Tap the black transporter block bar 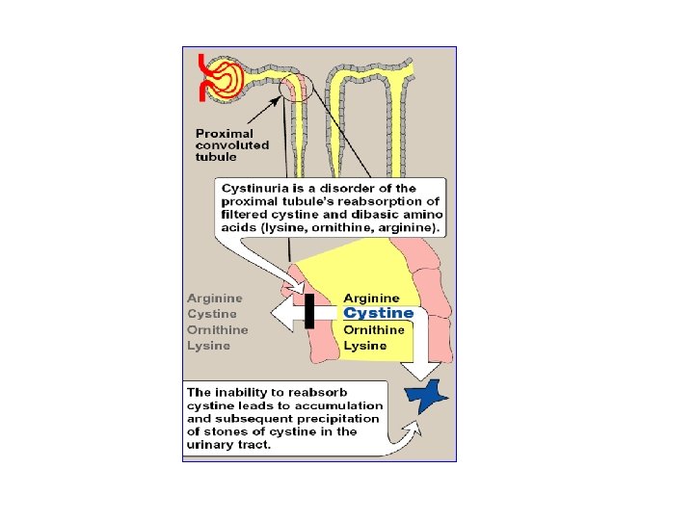point(309,311)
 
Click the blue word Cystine point(379,313)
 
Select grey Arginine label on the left point(215,299)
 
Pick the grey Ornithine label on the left point(217,329)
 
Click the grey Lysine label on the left point(208,345)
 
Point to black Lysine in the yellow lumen point(365,345)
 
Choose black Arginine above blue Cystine point(371,299)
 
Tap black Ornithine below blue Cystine point(374,329)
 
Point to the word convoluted point(232,145)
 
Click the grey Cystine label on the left point(212,314)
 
